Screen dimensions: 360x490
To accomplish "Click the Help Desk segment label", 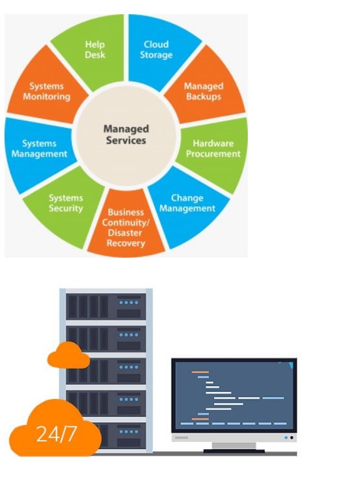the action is (95, 49).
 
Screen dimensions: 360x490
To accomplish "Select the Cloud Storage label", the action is (156, 49).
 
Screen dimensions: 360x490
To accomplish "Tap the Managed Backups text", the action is (204, 92).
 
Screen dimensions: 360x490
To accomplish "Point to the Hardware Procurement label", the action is (213, 149).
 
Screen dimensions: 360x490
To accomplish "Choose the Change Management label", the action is (187, 203).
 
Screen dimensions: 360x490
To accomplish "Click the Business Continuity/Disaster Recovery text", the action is (126, 228).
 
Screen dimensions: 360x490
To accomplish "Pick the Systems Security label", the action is (66, 203).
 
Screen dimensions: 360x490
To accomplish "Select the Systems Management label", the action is (40, 149).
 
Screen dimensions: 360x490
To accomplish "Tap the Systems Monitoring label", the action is (47, 92).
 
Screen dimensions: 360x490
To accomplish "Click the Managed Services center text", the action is (126, 134).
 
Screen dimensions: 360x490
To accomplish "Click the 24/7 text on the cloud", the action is (56, 434).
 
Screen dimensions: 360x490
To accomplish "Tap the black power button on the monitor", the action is (292, 437).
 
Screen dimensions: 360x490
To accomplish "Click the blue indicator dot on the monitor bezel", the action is (286, 437).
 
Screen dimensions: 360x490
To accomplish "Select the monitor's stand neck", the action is (234, 446).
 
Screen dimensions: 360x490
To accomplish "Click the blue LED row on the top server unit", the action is (128, 302).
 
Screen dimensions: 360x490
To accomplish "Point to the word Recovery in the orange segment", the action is (126, 243).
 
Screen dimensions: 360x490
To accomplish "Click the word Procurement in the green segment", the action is (213, 154).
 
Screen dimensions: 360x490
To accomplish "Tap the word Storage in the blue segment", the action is (156, 55).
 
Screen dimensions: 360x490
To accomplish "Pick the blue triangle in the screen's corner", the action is (291, 365).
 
